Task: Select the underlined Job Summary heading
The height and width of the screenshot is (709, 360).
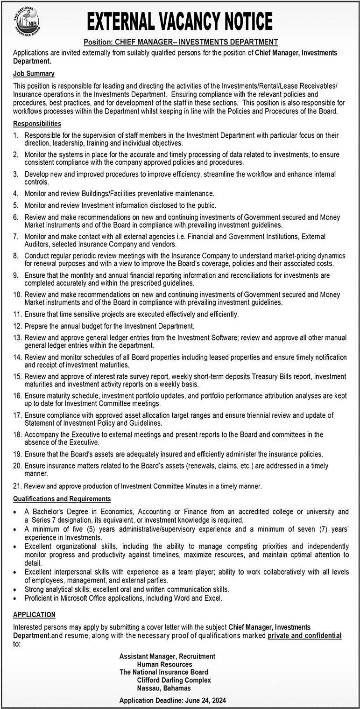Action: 34,73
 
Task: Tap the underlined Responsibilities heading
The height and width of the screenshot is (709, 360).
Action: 37,124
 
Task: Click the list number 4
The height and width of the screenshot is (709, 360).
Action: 15,193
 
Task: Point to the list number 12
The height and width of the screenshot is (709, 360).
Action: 17,326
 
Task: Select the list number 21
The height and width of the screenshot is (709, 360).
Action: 17,486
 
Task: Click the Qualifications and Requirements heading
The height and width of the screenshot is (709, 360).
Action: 62,499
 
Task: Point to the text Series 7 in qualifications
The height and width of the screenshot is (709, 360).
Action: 43,519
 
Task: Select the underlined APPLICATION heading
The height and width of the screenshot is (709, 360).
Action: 34,615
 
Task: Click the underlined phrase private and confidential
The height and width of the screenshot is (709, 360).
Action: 304,635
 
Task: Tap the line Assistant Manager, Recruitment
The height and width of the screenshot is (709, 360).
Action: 167,656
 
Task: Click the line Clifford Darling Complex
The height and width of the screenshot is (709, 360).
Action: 174,680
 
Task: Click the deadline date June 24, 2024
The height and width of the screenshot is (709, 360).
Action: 205,701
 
